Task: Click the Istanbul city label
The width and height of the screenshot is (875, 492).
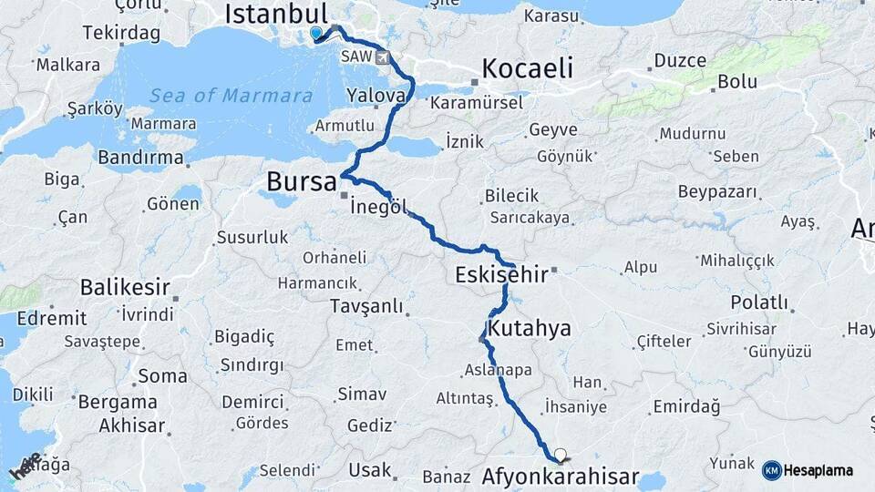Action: click(275, 14)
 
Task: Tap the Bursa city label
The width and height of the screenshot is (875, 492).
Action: click(301, 182)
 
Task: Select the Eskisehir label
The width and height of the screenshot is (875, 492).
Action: click(499, 274)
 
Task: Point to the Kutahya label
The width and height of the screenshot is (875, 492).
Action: click(529, 328)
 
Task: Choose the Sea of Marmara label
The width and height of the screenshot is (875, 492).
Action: click(231, 96)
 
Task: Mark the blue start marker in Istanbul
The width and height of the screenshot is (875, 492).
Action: click(315, 33)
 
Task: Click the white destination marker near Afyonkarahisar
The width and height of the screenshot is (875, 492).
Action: click(560, 454)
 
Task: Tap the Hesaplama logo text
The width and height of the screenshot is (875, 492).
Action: click(818, 471)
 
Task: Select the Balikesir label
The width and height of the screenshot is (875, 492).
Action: click(125, 288)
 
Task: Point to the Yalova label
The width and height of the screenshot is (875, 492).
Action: click(376, 96)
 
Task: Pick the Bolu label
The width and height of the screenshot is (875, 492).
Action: click(737, 81)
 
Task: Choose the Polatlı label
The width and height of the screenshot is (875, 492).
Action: click(758, 302)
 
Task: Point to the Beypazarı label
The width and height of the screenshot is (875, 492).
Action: click(717, 192)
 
